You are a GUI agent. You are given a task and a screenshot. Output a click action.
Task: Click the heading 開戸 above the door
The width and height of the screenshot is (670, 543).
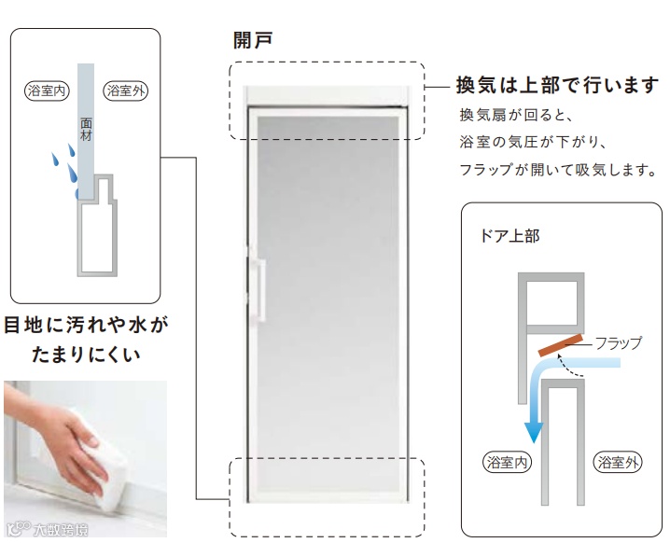(x=252, y=40)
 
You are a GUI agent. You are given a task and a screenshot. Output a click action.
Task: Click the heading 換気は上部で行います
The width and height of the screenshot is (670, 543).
(x=557, y=86)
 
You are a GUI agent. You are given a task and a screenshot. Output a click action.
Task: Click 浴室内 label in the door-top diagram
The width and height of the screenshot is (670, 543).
(x=508, y=461)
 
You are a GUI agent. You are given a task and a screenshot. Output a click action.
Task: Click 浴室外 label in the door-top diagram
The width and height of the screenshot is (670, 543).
(x=617, y=461)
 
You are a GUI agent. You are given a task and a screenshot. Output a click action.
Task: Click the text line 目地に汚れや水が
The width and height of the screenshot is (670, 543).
(x=87, y=327)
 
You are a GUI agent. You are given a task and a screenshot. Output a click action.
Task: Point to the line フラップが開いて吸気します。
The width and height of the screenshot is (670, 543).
(x=558, y=171)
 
